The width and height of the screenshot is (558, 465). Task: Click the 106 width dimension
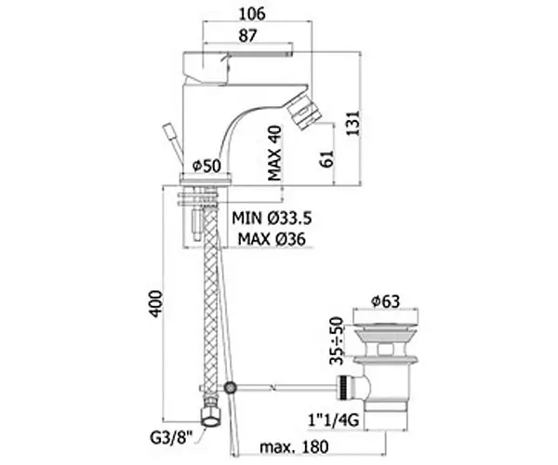coord(252,14)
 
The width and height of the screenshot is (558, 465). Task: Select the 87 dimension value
coord(247,35)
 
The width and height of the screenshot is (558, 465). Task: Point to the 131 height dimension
coord(352,123)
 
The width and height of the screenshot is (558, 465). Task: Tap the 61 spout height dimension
coord(326,159)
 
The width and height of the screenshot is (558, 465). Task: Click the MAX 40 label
coord(274,153)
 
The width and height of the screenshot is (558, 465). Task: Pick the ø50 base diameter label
coord(206,166)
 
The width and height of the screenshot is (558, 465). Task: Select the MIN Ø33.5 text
coord(272,218)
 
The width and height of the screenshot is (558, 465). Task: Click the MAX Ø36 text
coord(272,238)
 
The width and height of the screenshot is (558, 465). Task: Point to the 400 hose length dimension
coord(155,303)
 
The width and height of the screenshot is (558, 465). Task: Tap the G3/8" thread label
coord(171,437)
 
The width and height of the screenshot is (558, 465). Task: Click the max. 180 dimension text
coord(294,446)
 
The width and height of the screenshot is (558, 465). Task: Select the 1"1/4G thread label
coord(333,420)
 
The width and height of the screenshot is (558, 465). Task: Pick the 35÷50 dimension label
coord(337,340)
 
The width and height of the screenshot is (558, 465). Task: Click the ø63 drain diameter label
coord(385,301)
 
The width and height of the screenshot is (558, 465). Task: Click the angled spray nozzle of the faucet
coord(304,113)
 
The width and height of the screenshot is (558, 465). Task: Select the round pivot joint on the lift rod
coord(231,387)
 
